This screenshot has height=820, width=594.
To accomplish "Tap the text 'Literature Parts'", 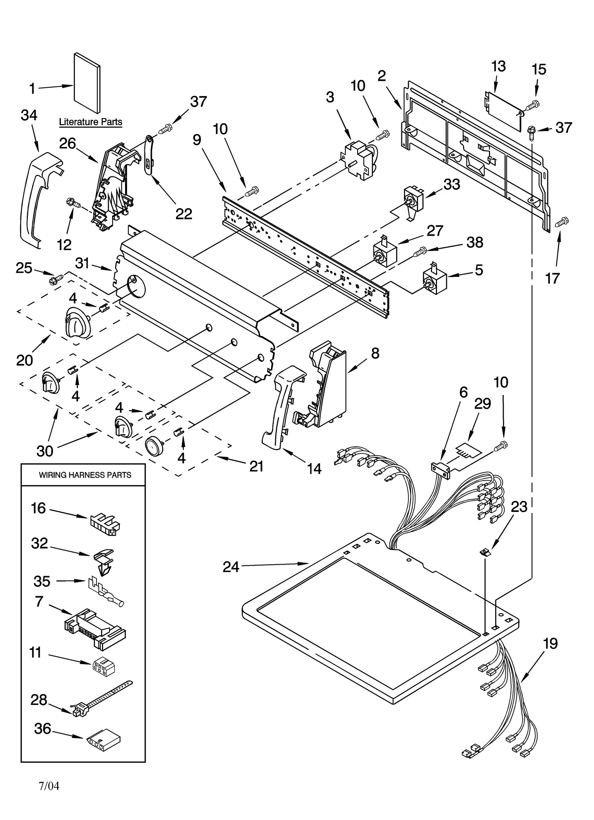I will point(91,122).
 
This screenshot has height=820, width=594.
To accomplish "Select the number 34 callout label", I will point(29,115).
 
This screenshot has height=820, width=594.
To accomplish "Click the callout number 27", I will point(435,231).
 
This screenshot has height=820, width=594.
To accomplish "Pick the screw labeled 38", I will point(419,252).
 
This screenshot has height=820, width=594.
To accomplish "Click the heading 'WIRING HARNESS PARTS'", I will point(85,475).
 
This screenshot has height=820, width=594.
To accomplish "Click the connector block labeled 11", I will point(103,666).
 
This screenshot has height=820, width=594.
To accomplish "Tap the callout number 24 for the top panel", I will point(231,567).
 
